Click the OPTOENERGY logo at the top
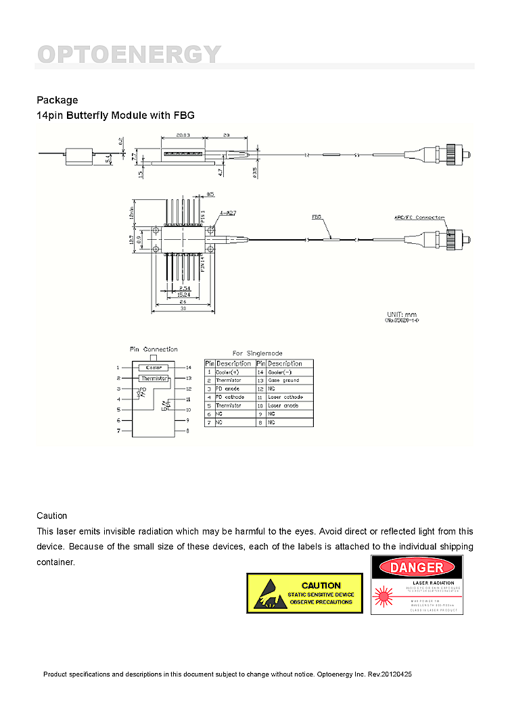[129, 54]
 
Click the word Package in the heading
[57, 100]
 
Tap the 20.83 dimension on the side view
[183, 135]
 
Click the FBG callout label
[317, 217]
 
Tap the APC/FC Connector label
[419, 217]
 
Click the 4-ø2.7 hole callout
[227, 213]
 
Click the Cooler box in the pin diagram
[154, 368]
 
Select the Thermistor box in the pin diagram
[154, 378]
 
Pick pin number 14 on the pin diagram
[189, 368]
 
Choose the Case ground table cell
[283, 380]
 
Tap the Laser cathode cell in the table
[285, 397]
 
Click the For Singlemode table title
[257, 353]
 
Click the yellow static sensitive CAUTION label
[304, 593]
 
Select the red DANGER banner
[417, 567]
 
